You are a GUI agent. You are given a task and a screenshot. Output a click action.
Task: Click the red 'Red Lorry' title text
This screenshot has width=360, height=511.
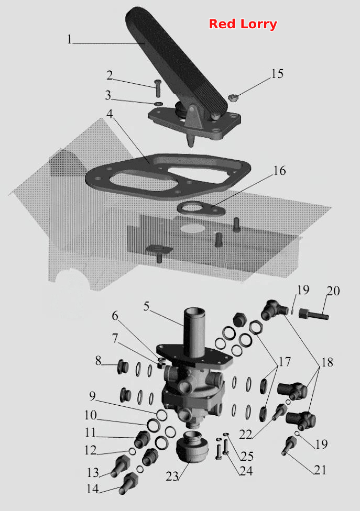243,24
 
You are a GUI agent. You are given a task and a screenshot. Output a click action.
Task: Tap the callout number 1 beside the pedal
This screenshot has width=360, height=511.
69,39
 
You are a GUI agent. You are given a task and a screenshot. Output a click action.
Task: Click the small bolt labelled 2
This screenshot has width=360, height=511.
158,88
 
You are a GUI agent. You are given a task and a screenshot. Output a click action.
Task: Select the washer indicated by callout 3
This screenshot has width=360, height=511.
158,104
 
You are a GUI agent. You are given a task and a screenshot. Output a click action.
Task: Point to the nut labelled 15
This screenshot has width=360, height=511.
232,97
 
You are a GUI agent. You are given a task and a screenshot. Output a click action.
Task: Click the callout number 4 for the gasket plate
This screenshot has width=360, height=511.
110,114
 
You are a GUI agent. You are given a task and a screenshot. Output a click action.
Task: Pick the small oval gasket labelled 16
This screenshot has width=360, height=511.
201,209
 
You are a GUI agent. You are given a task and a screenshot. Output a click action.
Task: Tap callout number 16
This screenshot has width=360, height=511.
279,171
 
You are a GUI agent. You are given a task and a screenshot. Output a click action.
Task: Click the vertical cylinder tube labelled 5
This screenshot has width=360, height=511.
194,332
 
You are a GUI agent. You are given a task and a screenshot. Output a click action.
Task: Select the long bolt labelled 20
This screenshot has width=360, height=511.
313,315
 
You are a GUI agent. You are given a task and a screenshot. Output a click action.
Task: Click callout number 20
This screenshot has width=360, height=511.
333,291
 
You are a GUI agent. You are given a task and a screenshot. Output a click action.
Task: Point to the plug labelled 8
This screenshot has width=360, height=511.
122,368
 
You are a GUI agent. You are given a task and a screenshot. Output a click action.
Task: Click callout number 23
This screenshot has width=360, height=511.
172,476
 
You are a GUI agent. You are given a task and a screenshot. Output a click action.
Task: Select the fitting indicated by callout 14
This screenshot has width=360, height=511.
129,483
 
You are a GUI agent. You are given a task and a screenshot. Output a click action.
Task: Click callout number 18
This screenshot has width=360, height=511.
327,362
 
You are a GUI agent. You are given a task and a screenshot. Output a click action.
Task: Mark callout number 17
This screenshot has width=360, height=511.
284,362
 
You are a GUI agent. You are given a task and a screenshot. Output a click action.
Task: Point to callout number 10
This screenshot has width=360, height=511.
91,415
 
